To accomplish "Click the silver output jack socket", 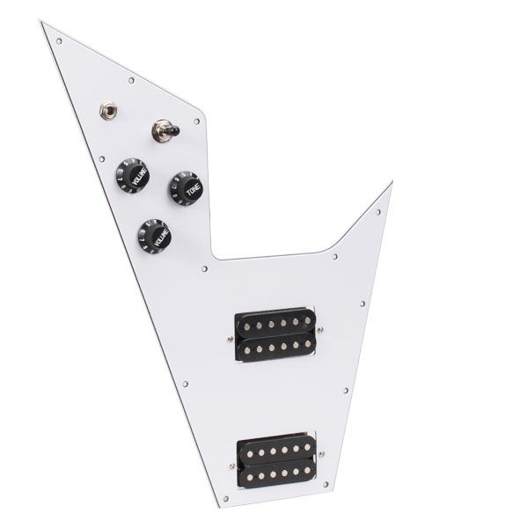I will point(106,113).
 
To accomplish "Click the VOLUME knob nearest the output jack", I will point(132,174).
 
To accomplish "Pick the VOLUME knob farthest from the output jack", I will point(154,235).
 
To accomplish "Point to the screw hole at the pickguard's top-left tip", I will point(59,40).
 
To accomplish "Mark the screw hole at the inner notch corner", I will point(205,267).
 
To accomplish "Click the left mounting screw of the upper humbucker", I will point(229,333).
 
